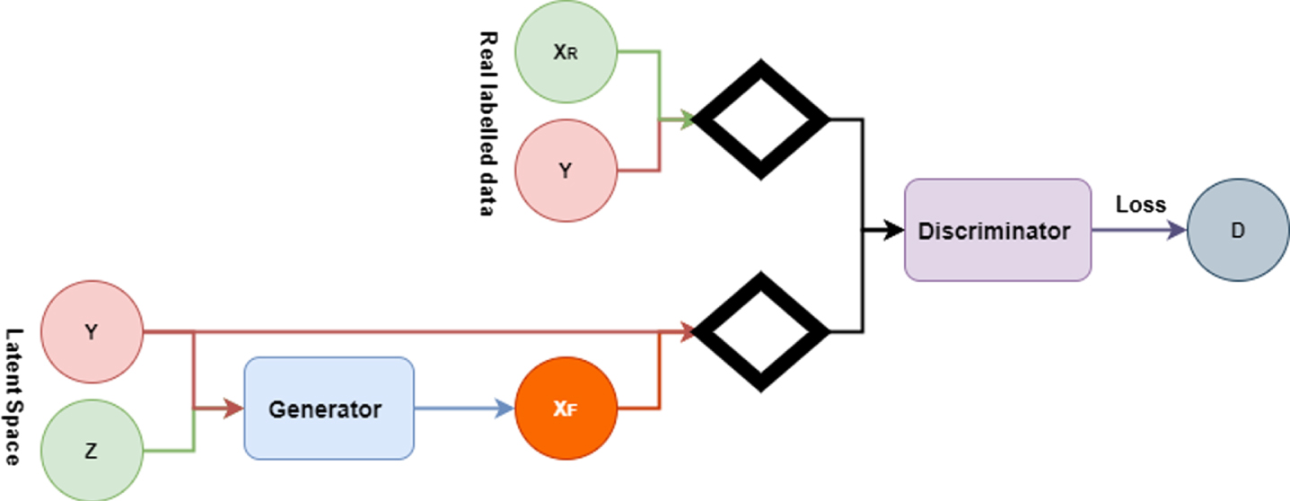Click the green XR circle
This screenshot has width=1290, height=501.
pos(566,52)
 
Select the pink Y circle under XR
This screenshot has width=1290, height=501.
pos(566,171)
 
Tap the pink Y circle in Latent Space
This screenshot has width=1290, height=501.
pos(92,331)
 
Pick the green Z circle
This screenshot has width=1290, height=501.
pos(92,451)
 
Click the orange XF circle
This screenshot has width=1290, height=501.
pos(566,409)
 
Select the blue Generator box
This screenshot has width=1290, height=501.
pos(329,409)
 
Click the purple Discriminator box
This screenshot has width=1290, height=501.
pos(998,231)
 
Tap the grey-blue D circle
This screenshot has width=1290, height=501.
pos(1238,231)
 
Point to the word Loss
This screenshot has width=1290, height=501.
pos(1140,205)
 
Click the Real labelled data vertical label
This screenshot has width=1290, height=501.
pos(487,124)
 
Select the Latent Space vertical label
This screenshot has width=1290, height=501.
pos(13,397)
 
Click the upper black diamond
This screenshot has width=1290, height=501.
pos(760,119)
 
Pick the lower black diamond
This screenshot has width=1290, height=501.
pos(760,331)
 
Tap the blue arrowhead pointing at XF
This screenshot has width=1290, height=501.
pos(505,409)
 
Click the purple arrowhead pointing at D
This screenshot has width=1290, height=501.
pos(1177,231)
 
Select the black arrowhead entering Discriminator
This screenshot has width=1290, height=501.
pos(894,231)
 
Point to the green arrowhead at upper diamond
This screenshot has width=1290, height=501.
pos(687,119)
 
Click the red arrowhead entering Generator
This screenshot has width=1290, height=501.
pos(233,409)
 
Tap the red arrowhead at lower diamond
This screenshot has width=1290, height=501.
pos(687,331)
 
